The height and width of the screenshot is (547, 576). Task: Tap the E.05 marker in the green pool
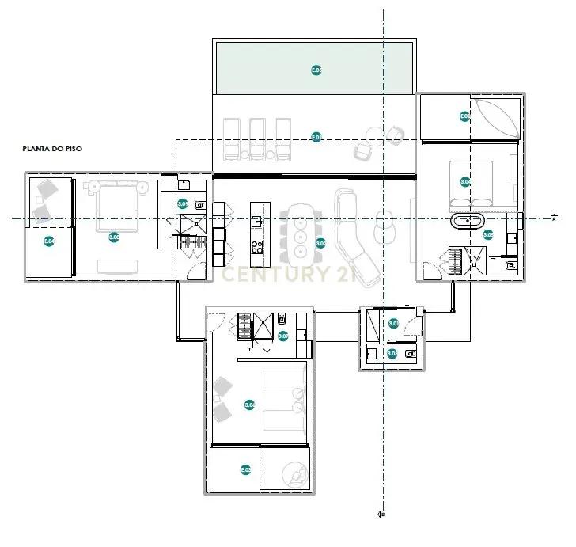coord(316,70)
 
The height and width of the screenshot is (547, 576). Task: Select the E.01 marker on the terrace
coord(316,137)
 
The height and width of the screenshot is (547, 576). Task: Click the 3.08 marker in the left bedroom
coord(114,237)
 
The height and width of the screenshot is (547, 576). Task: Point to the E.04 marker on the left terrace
coord(49,241)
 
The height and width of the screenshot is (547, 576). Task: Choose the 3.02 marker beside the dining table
coord(321,243)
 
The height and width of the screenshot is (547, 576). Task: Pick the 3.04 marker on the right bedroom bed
coord(465,182)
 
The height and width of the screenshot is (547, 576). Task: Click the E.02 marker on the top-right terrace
coord(465,116)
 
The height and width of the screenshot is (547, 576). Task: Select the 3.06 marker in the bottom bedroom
coord(250,405)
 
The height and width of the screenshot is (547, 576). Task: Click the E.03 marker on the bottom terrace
coord(245,470)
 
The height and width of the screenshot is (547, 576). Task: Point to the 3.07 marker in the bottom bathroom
coord(283,336)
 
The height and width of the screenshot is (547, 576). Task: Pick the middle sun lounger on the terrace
coord(258,139)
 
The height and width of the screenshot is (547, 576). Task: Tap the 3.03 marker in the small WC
coord(392,353)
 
